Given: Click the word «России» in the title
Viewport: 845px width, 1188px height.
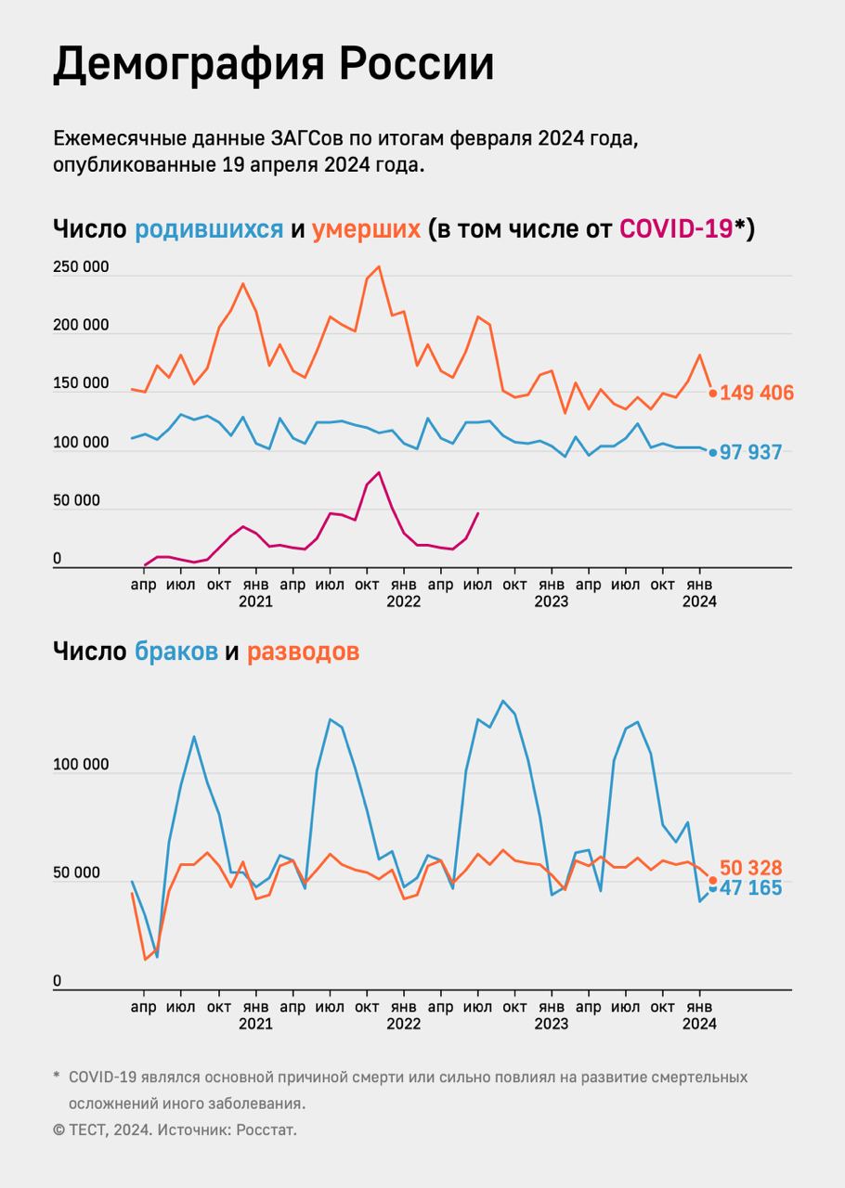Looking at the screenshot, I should (412, 65).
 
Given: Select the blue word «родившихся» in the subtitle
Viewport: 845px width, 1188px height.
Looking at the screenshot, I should (209, 228).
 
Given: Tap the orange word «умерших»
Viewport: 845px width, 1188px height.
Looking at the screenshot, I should (366, 228).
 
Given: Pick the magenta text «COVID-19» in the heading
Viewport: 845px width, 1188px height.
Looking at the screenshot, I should (675, 228).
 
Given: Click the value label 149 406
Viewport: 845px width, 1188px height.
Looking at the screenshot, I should (757, 394).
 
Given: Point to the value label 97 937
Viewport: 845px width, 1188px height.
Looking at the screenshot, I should (751, 453).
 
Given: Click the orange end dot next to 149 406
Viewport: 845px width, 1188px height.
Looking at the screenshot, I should (713, 394).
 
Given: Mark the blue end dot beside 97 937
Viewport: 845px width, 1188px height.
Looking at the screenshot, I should (713, 453).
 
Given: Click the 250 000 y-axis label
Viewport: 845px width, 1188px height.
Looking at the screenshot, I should (81, 267).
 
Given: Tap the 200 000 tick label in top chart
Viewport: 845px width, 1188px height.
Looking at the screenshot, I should (81, 326).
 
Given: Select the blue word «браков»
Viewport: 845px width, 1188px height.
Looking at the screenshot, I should (175, 652).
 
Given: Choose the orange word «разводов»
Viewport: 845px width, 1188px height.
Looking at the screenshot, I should (303, 652).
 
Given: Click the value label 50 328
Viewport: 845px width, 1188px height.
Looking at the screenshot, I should (751, 868).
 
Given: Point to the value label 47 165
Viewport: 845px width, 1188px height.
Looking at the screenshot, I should (751, 888).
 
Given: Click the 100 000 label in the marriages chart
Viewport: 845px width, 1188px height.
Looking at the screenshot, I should (81, 765).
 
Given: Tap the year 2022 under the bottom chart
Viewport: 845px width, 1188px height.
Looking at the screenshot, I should (403, 1024).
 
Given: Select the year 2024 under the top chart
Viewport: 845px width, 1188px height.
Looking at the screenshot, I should (699, 601).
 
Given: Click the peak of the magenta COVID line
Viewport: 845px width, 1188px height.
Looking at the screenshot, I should (379, 472).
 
